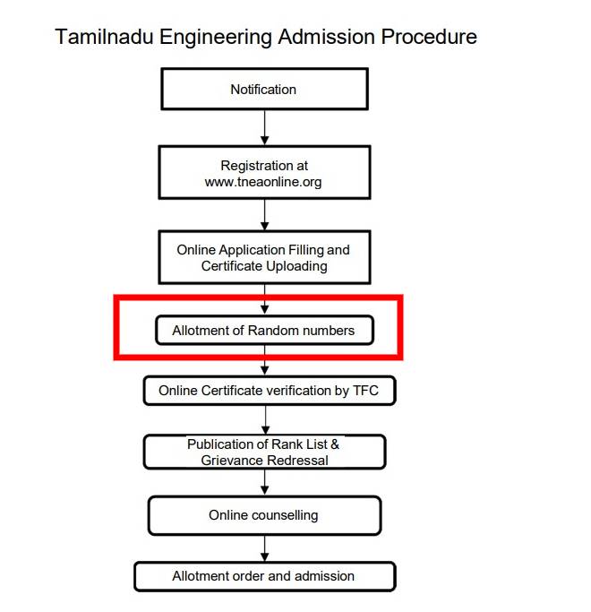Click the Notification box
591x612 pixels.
263,90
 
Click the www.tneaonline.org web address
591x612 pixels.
263,182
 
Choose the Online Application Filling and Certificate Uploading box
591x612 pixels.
263,258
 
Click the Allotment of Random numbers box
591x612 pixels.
263,331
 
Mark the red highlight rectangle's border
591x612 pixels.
116,327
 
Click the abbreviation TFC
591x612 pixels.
368,391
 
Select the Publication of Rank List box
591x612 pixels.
264,452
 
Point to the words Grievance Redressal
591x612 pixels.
264,461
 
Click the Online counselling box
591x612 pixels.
264,515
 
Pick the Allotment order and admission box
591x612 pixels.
264,576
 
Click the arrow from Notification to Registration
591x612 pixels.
264,127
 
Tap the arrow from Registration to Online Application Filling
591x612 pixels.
264,214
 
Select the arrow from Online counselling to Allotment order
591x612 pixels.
264,547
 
